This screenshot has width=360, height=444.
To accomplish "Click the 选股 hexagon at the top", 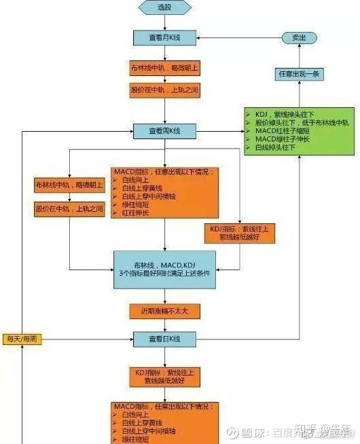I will point(165,7).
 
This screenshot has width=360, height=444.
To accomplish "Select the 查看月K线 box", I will point(165,37).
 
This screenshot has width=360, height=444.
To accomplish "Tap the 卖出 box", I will point(299,38).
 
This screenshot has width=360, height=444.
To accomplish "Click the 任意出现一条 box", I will point(299,74).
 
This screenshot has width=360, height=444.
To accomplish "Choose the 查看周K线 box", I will point(165,131).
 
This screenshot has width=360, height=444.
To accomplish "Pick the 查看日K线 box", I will point(165,338).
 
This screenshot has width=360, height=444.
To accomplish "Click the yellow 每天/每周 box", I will point(22,338).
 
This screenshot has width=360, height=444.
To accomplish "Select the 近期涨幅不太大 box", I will point(165,310).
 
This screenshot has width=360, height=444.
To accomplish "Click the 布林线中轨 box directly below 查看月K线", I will point(165,69).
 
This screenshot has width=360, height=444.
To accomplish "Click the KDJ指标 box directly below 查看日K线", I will point(165,375).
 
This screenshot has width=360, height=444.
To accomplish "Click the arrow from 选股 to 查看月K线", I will point(165,22).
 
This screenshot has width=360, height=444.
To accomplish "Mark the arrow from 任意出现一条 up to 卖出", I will point(299,56).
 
